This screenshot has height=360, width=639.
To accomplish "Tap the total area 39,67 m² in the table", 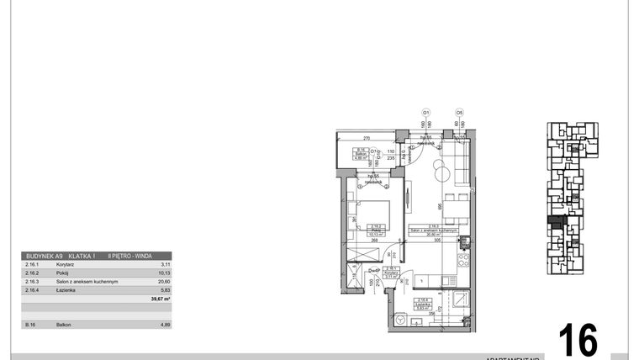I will click(160, 299).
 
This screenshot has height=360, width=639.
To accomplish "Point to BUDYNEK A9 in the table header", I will click(45, 256).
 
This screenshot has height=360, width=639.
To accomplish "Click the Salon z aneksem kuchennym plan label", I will click(433, 231).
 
